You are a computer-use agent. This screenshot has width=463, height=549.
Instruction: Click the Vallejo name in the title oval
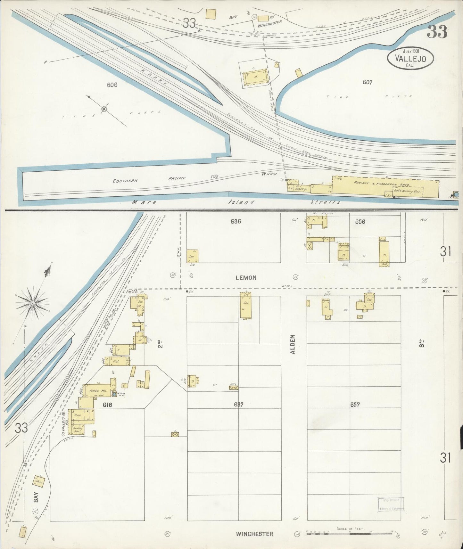click(410, 58)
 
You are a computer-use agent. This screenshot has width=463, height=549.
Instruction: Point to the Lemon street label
click(246, 278)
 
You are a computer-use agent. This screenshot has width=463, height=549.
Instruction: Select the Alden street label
click(293, 344)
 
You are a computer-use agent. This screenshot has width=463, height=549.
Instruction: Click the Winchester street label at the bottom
click(254, 534)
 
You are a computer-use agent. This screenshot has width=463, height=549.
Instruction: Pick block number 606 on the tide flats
click(112, 85)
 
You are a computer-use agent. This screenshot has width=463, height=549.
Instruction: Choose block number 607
click(367, 82)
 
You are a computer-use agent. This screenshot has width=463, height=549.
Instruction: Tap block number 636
click(236, 221)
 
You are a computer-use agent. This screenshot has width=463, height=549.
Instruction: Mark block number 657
click(355, 405)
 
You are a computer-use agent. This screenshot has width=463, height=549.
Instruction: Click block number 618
click(107, 405)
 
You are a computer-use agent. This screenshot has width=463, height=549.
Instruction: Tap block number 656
click(360, 221)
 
